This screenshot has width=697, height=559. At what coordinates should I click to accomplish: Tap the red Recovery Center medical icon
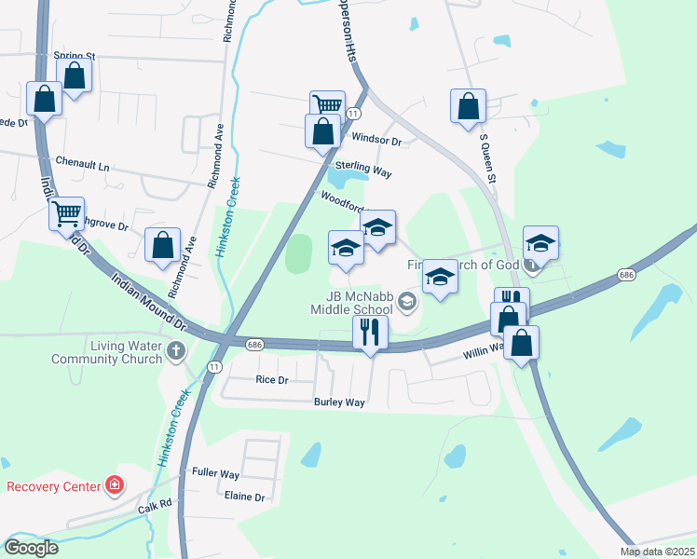[x=114, y=485]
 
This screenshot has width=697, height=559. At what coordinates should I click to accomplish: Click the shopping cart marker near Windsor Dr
[x=327, y=106]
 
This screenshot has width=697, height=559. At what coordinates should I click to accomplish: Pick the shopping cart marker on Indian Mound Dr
[x=66, y=214]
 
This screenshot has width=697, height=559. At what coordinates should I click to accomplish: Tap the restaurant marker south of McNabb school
[x=370, y=332]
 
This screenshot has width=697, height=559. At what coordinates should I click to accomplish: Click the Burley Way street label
[x=339, y=402]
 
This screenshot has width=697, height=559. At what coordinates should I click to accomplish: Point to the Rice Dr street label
[x=271, y=379]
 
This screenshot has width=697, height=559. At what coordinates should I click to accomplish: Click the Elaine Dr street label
[x=245, y=497]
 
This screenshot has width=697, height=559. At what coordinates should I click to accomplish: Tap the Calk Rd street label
[x=156, y=505]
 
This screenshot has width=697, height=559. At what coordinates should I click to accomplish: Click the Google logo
[x=31, y=548]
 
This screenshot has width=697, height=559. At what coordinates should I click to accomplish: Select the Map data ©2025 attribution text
[x=657, y=552]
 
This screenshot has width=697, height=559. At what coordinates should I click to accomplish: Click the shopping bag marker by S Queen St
[x=468, y=106]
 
